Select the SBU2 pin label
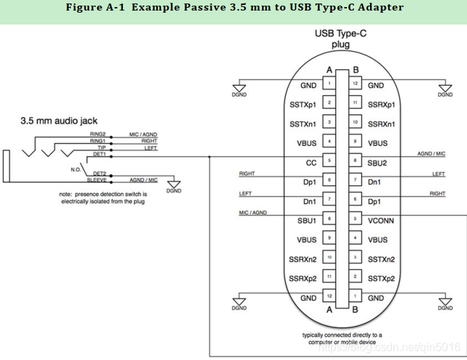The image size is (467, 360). [376, 162]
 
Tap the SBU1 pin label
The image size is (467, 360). [306, 220]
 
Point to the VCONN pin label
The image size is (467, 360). [380, 220]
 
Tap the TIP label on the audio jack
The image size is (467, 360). [101, 147]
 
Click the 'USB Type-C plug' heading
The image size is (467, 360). [341, 39]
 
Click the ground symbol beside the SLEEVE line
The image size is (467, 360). [173, 187]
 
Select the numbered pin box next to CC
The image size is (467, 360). [329, 162]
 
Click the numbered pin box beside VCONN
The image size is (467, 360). [357, 220]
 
